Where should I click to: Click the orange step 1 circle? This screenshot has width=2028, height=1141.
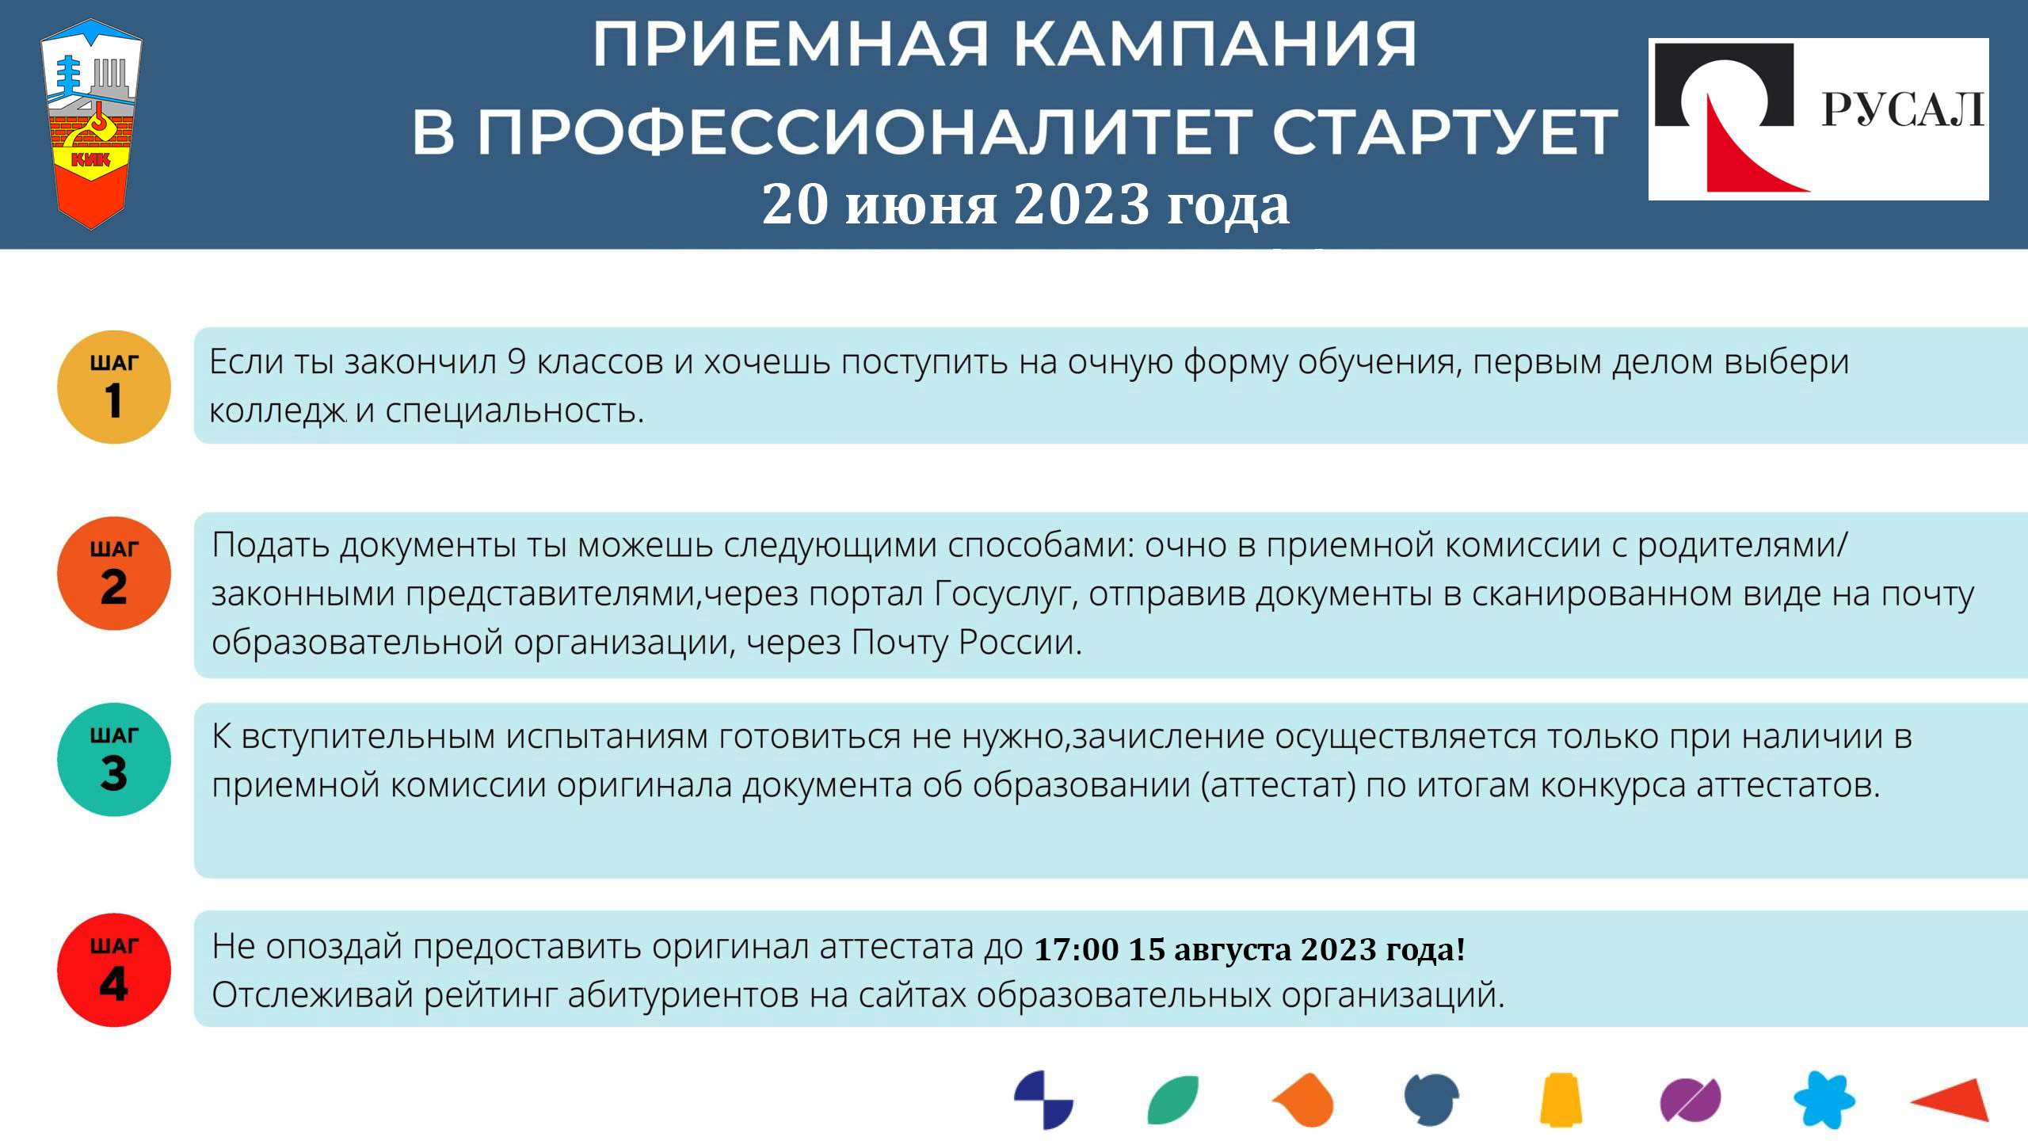click(x=114, y=387)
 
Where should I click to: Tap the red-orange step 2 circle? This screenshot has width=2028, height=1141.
click(x=114, y=573)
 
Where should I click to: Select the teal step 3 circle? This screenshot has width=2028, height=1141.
click(x=114, y=759)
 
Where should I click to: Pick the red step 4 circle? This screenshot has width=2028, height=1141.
click(x=114, y=970)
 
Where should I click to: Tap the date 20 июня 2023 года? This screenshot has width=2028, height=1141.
click(x=1025, y=204)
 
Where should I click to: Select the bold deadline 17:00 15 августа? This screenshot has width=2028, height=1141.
click(x=1164, y=948)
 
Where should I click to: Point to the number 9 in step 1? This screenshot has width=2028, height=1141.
click(x=517, y=362)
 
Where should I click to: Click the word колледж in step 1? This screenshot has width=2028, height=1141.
click(x=277, y=411)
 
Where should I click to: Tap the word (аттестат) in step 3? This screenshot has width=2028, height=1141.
click(x=1278, y=785)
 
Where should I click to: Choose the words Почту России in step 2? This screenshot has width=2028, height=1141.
click(x=966, y=642)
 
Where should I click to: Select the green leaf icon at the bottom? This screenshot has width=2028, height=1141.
click(x=1173, y=1100)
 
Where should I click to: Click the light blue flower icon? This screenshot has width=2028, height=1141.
click(x=1824, y=1100)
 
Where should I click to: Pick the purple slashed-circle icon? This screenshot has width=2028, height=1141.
click(x=1691, y=1101)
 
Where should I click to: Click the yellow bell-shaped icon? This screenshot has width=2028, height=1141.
click(x=1561, y=1099)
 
